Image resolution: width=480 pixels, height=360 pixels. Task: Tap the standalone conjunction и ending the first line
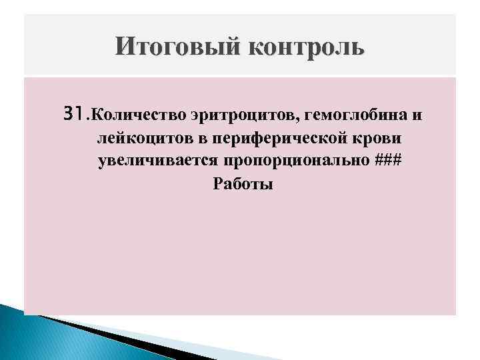(417, 117)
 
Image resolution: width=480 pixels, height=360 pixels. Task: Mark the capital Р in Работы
(217, 184)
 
